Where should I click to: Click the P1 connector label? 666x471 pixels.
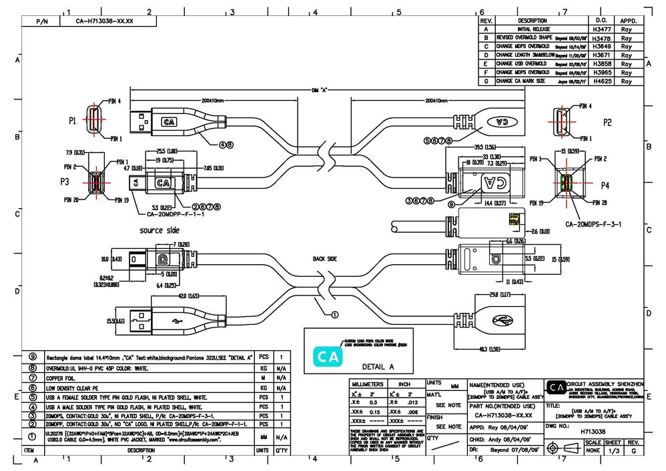click(73, 121)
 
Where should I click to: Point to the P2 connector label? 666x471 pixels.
click(607, 122)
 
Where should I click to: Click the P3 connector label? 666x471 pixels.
click(65, 181)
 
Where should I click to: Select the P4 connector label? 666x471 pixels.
click(605, 185)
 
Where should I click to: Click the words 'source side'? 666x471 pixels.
click(159, 230)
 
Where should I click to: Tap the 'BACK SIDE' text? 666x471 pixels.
click(326, 258)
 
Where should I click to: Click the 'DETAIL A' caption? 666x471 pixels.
click(378, 367)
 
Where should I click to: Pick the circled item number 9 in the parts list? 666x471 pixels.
click(33, 358)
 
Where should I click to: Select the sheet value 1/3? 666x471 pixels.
click(613, 452)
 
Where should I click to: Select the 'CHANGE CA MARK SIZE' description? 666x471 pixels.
click(521, 81)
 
